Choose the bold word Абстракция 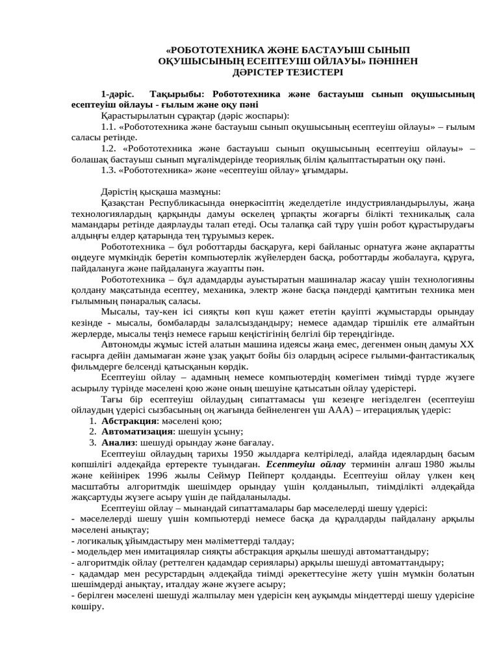click(x=129, y=420)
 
